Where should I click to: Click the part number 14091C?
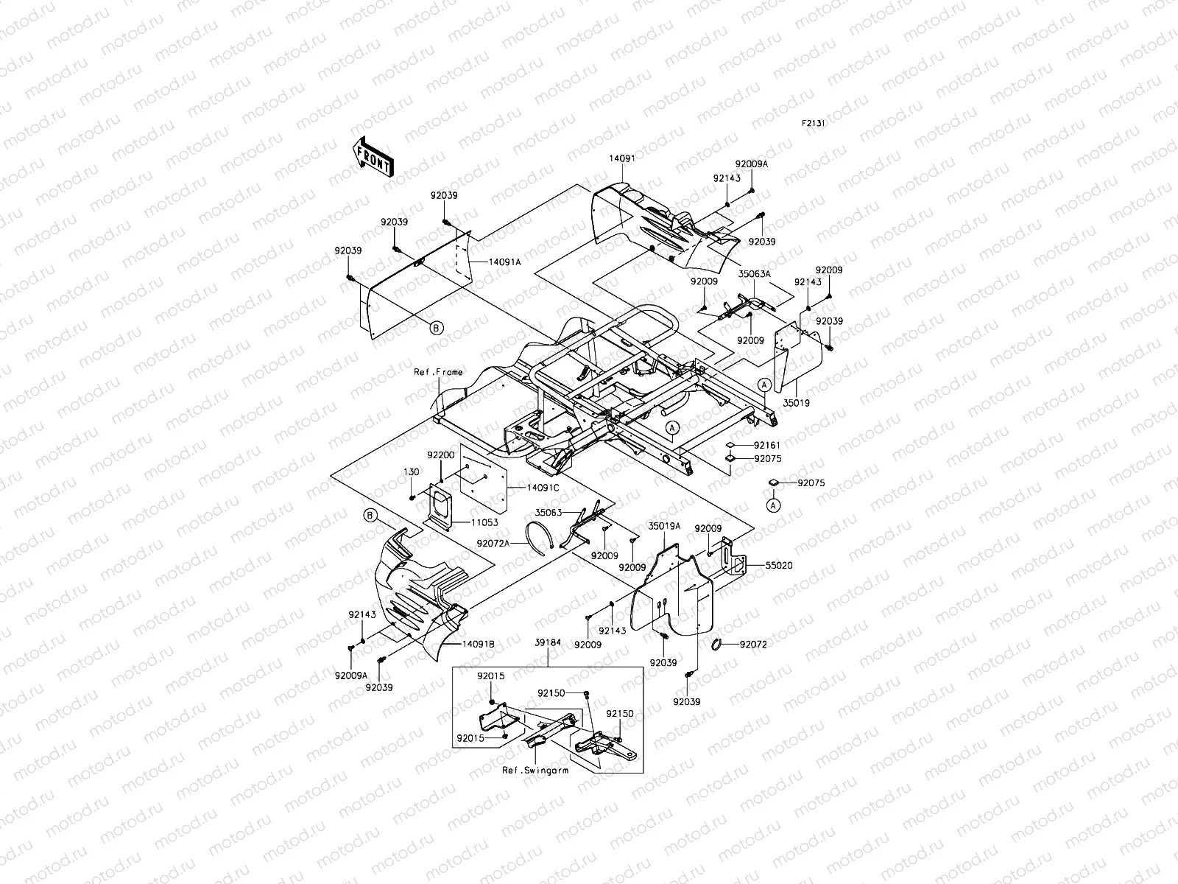pyautogui.click(x=543, y=487)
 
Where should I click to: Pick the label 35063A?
pyautogui.click(x=755, y=273)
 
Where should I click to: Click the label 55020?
pyautogui.click(x=778, y=566)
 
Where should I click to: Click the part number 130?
pyautogui.click(x=411, y=471)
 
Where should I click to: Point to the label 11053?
pyautogui.click(x=484, y=522)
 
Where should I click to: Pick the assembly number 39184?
pyautogui.click(x=547, y=642)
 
